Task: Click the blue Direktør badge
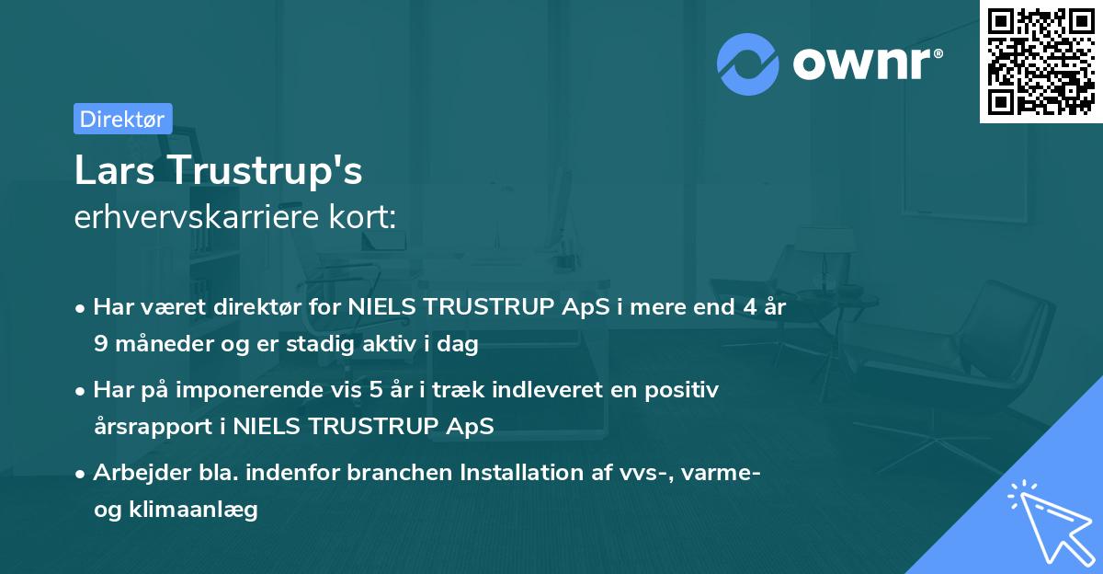click(x=122, y=119)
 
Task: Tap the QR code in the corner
click(x=1040, y=61)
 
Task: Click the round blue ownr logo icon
click(x=748, y=64)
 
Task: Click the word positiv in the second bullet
click(x=684, y=390)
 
